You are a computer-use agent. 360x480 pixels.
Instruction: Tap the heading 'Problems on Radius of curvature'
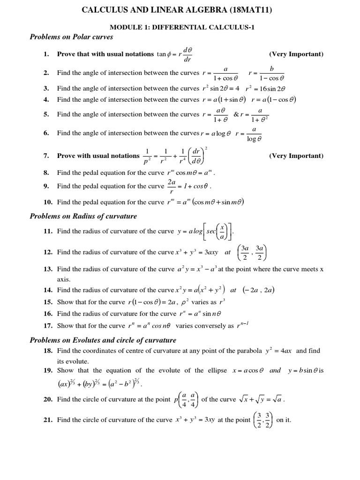pos(83,216)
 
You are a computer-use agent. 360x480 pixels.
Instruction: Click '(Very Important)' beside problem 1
pos(296,54)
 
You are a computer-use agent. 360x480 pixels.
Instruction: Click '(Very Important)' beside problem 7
pos(296,156)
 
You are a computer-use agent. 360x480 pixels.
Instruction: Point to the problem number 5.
pos(46,114)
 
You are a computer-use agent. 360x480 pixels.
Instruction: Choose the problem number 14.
pos(48,290)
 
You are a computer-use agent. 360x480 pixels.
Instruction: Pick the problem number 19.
pos(48,370)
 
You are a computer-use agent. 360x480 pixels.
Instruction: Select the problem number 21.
pos(48,420)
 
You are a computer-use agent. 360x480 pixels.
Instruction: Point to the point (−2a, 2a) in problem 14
pos(258,290)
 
